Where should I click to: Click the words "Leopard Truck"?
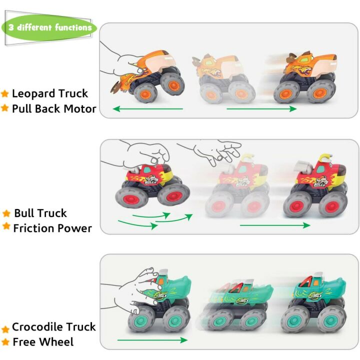(x=49, y=93)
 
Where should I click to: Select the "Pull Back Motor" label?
(x=54, y=108)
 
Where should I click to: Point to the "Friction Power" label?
(x=52, y=228)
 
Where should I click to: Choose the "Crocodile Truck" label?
(x=53, y=327)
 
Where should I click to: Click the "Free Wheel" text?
(x=43, y=342)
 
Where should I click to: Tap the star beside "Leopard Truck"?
(x=5, y=93)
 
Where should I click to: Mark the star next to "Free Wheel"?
(x=5, y=342)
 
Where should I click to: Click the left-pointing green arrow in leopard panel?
(x=147, y=108)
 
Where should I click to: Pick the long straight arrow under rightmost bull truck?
(x=275, y=225)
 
